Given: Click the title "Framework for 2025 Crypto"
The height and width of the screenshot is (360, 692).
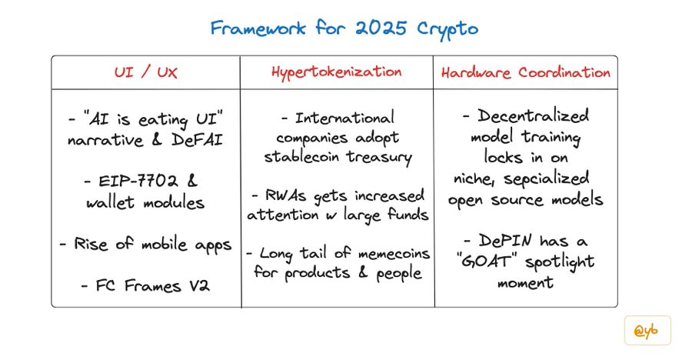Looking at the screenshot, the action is click(x=344, y=29).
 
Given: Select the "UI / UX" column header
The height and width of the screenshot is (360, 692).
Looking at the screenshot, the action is click(x=145, y=72).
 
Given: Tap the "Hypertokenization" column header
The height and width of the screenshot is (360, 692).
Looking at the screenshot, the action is click(x=337, y=72).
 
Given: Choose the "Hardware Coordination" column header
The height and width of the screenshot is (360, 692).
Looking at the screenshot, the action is click(x=526, y=72).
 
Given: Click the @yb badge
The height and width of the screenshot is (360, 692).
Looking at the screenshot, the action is click(x=647, y=331).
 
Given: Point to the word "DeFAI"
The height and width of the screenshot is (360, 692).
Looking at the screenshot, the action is click(x=197, y=139).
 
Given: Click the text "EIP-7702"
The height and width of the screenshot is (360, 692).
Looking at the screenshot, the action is click(x=138, y=181).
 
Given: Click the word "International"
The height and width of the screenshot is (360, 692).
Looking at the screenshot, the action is click(x=344, y=118).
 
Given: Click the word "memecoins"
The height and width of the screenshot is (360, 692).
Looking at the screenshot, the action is click(x=394, y=254).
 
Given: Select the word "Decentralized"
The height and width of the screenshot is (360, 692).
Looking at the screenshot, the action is click(x=533, y=115).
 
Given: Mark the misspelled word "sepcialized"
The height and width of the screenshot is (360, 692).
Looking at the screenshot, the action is click(x=547, y=178).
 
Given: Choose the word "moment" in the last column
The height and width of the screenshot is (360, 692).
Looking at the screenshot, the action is click(x=525, y=282).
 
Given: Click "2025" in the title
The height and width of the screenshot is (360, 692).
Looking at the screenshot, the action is click(x=381, y=28).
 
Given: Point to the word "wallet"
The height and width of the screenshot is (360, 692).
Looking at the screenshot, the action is click(x=110, y=202).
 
